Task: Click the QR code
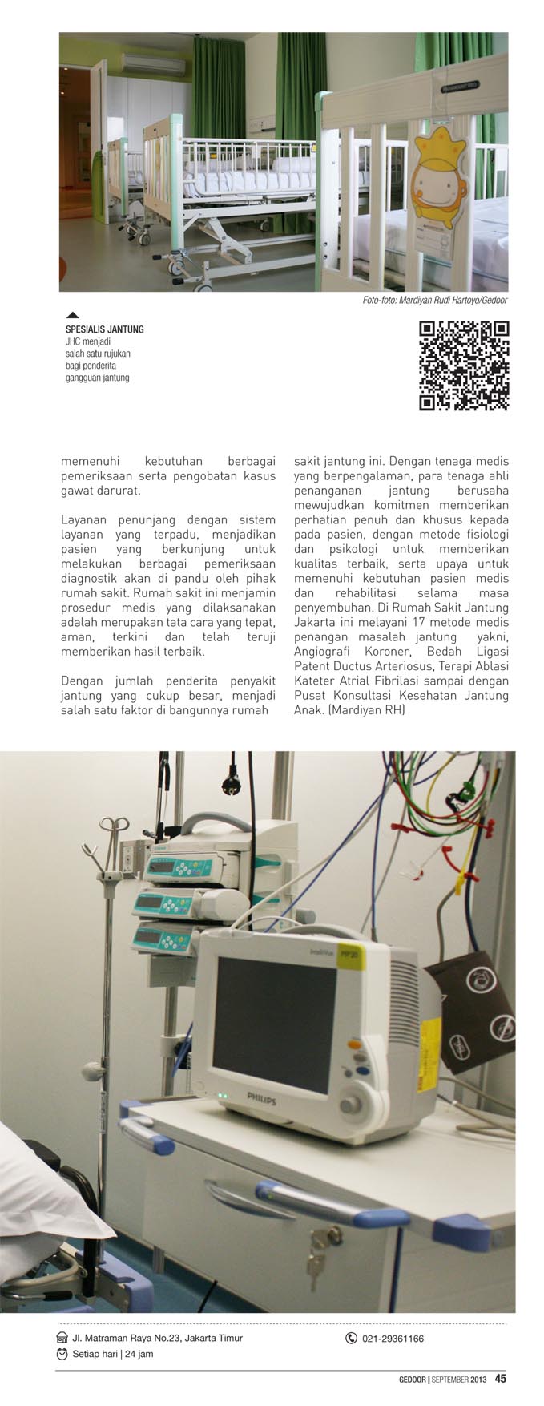pos(465,366)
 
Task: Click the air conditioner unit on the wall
pos(146,63)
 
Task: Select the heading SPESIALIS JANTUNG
pos(104,329)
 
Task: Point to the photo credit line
pos(434,301)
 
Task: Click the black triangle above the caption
pos(72,315)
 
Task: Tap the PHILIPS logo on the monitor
pos(260,1099)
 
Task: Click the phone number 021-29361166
pos(393,1338)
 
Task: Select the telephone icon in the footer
pos(351,1338)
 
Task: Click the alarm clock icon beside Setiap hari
pos(62,1354)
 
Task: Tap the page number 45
pos(500,1379)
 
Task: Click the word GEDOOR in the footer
pos(413,1380)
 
